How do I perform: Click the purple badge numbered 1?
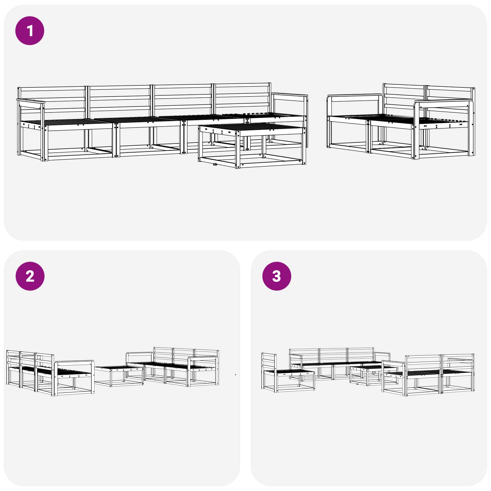pyautogui.click(x=30, y=31)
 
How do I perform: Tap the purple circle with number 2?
pyautogui.click(x=30, y=276)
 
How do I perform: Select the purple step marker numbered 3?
pyautogui.click(x=276, y=276)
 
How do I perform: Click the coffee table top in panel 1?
pyautogui.click(x=252, y=127)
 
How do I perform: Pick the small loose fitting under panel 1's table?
pyautogui.click(x=215, y=165)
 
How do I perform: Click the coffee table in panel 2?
pyautogui.click(x=119, y=376)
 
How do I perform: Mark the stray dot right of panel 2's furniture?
pyautogui.click(x=235, y=375)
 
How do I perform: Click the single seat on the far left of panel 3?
pyautogui.click(x=288, y=373)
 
